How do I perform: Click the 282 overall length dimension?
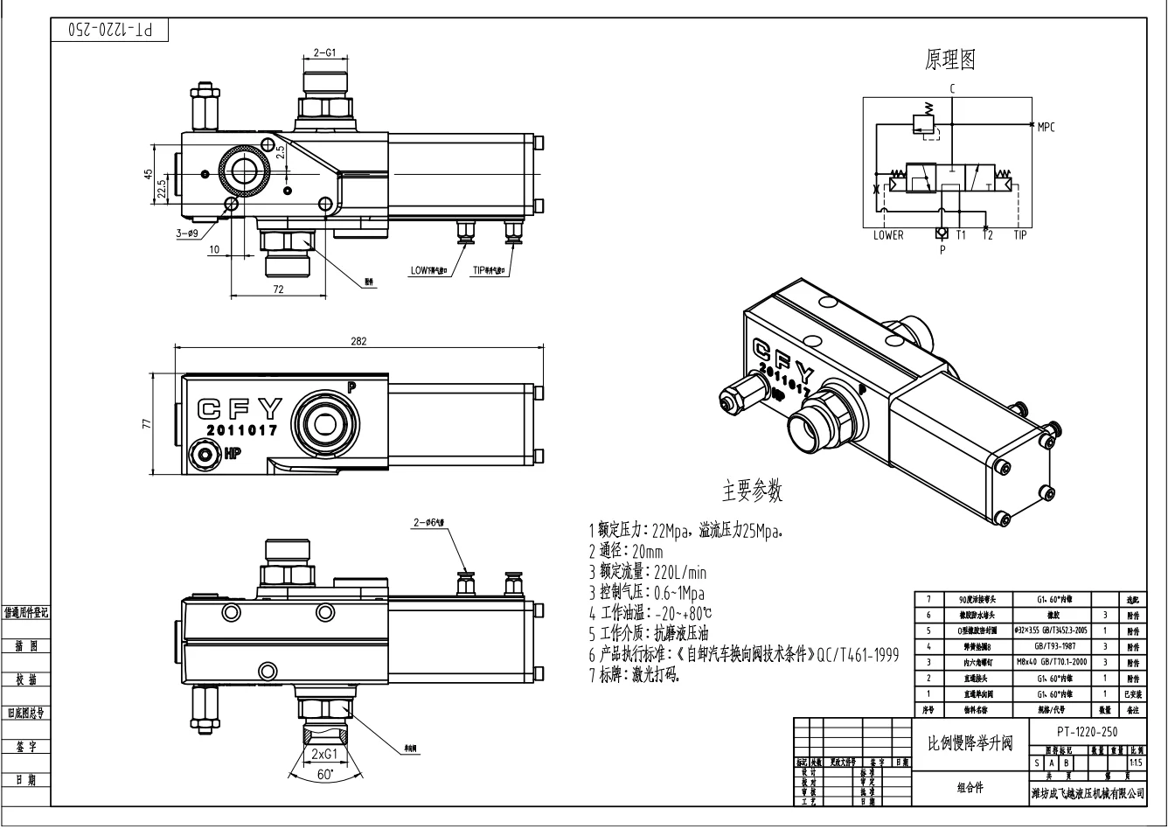pos(358,340)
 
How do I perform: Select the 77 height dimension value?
pos(147,424)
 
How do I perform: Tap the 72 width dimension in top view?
pos(277,289)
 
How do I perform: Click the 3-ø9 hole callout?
pos(188,233)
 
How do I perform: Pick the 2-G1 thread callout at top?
pos(325,52)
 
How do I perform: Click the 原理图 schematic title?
pos(950,59)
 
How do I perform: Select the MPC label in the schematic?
pos(1046,127)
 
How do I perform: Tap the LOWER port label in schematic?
pos(888,235)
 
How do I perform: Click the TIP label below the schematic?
pos(1020,235)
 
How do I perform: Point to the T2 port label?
pos(987,235)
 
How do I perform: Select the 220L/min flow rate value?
pos(682,574)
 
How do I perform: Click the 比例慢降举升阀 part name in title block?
pos(970,743)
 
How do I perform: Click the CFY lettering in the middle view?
pos(241,408)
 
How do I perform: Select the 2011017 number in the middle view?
pos(242,431)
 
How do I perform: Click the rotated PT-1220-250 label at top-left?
pos(110,29)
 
